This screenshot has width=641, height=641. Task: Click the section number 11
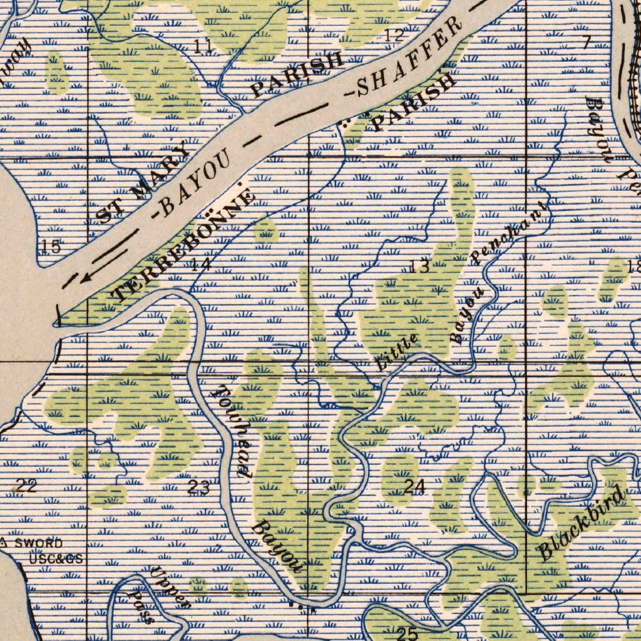point(202,46)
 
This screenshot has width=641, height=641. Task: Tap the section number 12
point(394,35)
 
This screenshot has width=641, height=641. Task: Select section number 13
point(419,267)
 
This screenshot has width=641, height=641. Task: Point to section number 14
point(200,264)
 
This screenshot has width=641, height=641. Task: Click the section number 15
point(51,247)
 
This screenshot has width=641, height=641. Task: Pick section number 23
point(199,488)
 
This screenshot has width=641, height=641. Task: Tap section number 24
point(414,486)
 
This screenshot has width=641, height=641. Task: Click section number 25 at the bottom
point(408,633)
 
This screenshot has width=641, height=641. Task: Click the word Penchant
point(509,235)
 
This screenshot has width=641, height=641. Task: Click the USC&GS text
point(56,558)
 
